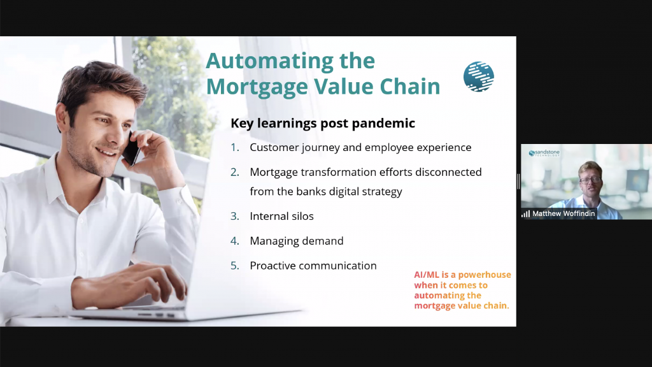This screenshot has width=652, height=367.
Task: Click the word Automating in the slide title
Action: click(269, 62)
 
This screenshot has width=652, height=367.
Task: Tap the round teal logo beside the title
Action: click(479, 76)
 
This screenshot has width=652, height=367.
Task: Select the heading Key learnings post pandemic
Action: click(323, 123)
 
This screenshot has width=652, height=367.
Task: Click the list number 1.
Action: click(234, 147)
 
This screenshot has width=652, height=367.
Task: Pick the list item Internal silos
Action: click(281, 216)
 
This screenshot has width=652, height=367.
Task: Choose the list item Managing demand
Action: click(297, 241)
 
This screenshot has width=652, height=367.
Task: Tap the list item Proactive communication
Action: click(313, 266)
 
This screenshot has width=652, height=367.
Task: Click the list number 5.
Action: click(234, 266)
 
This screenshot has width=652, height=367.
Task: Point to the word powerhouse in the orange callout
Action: click(485, 275)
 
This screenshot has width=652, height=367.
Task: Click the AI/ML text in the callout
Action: click(426, 275)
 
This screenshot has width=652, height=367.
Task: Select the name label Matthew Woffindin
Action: click(563, 213)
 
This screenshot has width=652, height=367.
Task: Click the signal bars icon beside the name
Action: click(525, 214)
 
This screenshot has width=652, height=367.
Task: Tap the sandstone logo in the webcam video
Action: click(544, 153)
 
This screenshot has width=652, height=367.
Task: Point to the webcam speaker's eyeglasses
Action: click(591, 180)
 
